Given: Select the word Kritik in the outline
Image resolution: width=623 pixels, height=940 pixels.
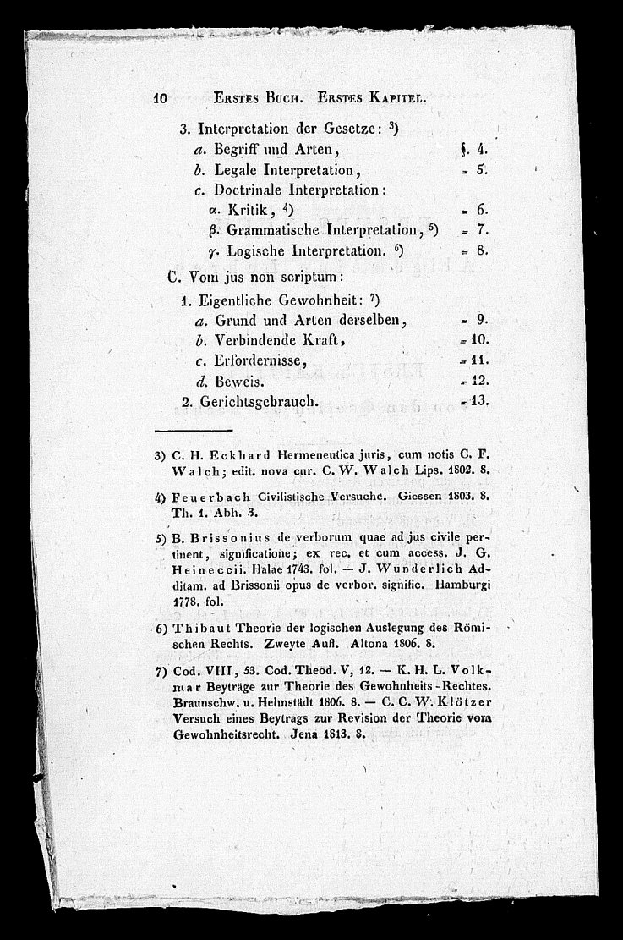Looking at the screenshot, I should click(242, 209).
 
